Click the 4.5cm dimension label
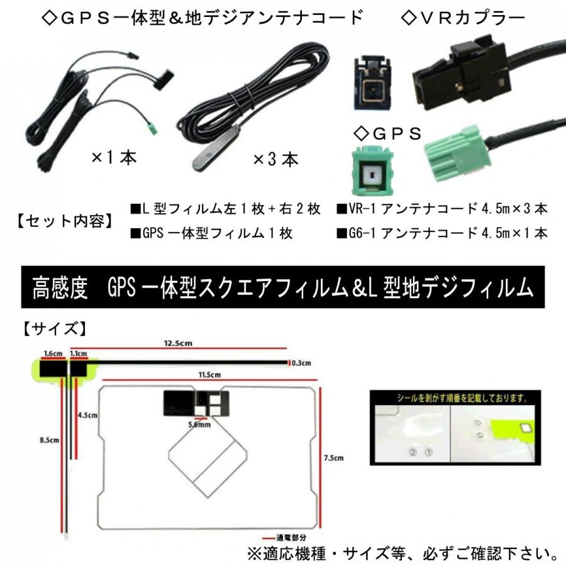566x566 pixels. click(87, 415)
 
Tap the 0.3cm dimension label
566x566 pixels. click(301, 363)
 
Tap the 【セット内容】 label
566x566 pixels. click(63, 221)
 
